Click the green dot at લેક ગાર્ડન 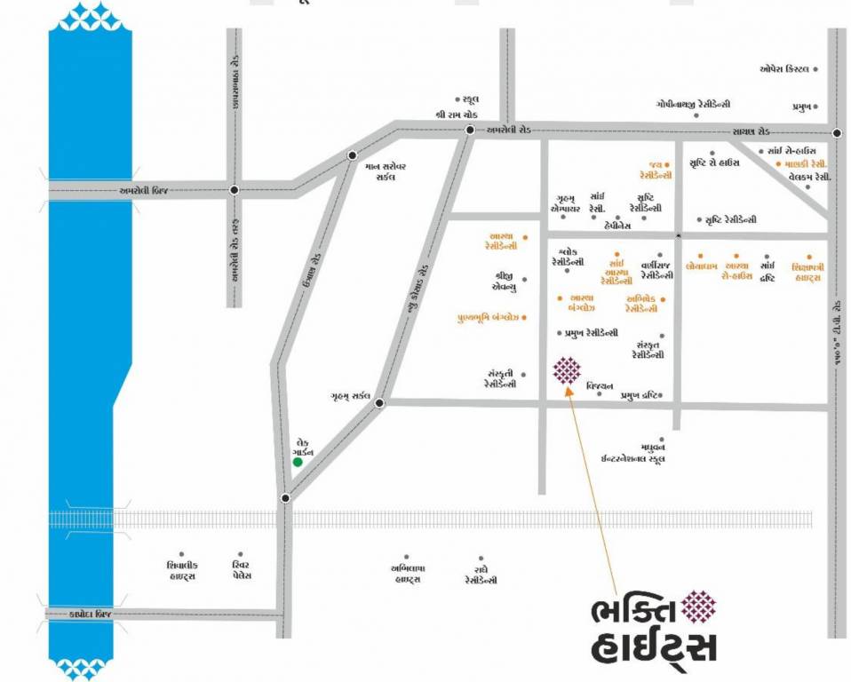point(298,462)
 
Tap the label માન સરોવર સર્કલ point(386,171)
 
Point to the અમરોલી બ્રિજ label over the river point(144,190)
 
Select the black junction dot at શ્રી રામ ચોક point(470,131)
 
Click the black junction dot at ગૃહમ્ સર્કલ point(379,403)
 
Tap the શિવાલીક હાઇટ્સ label point(181,570)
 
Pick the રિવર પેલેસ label point(236,570)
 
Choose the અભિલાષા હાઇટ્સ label point(406,574)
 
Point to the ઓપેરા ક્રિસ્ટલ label point(783,68)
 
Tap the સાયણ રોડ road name point(744,131)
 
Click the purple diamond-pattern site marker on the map point(567,370)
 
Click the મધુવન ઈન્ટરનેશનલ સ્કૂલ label point(634,454)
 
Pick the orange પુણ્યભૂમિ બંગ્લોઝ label point(488,316)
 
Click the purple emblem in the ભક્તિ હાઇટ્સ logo point(699,606)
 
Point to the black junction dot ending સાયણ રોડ point(837,133)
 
